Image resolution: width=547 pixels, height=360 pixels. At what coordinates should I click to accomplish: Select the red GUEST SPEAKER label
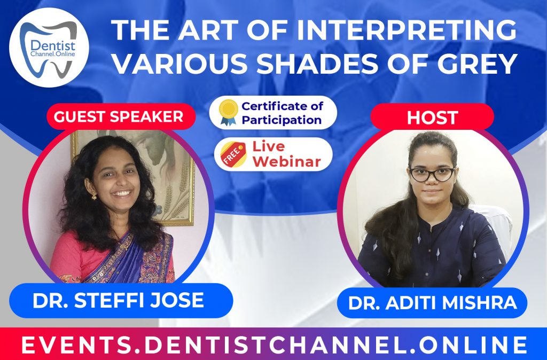(121, 116)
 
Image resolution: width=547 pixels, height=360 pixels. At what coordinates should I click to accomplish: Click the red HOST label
(432, 117)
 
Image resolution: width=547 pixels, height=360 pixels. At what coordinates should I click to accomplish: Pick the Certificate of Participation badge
(273, 113)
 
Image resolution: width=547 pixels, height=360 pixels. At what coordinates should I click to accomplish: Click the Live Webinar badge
(273, 154)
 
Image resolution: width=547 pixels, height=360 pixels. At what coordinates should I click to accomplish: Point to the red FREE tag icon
(230, 154)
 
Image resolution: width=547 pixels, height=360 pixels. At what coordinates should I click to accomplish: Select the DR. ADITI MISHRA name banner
(432, 303)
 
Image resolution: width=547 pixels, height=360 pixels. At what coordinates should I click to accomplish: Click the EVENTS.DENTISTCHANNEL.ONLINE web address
(273, 345)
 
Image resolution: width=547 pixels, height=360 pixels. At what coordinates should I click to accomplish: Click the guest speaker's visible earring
(93, 195)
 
